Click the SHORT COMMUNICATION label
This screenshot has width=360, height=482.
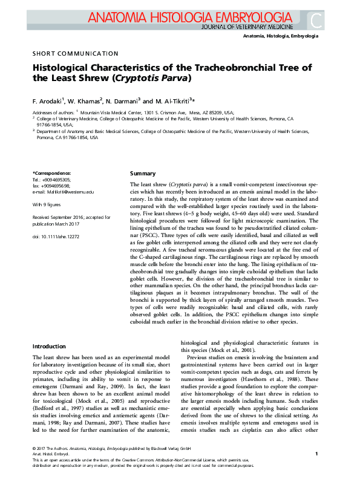[x=75, y=53]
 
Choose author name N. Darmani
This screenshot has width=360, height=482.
[x=124, y=100]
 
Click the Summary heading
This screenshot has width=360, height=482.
[x=143, y=174]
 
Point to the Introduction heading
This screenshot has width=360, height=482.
[x=49, y=347]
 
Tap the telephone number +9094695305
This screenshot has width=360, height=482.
[x=56, y=180]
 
